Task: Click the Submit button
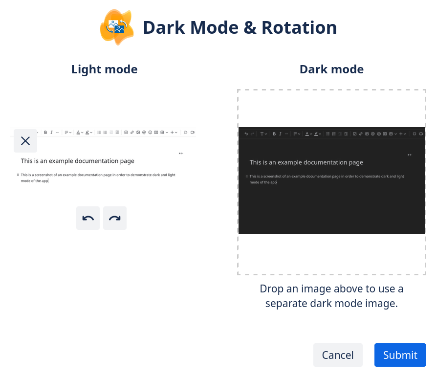point(400,355)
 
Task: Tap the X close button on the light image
point(25,141)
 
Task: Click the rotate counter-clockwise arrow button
point(88,218)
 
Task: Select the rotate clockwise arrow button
point(115,218)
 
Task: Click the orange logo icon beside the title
point(117,27)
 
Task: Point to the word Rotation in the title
point(299,27)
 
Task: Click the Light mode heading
point(104,69)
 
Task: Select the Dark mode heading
point(331,69)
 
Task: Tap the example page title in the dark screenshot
point(306,162)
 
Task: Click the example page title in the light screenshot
point(77,161)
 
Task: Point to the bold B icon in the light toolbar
point(45,133)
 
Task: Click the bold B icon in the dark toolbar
point(274,133)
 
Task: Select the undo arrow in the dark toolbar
point(246,133)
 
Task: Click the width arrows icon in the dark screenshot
point(410,155)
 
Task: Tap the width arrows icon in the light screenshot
point(181,153)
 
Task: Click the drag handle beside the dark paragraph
point(246,176)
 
